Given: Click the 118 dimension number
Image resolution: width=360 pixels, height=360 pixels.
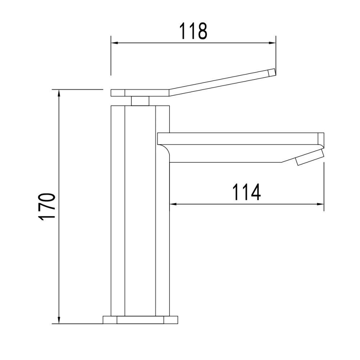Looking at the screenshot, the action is click(x=193, y=31).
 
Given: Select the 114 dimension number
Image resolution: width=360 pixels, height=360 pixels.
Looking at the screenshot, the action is click(x=247, y=192).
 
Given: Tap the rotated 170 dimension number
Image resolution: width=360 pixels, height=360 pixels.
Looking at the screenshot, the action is click(x=48, y=207).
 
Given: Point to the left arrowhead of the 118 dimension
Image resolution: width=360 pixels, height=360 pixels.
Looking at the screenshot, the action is click(x=114, y=43).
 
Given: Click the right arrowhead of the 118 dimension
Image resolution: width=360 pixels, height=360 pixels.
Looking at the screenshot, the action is click(x=272, y=43).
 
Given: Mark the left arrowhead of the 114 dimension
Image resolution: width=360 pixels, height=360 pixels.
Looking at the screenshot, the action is click(x=173, y=204).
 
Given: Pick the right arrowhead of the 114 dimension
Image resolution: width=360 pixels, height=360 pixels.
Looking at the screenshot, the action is click(x=320, y=204).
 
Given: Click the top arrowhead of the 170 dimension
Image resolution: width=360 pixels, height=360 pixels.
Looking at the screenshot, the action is click(x=59, y=93).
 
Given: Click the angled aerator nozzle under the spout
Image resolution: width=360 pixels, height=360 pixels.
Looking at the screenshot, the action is click(x=310, y=157).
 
